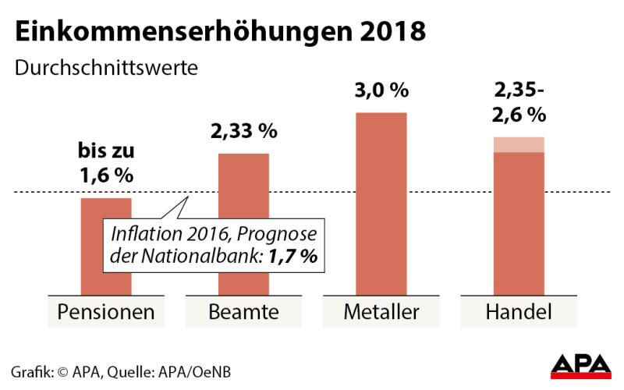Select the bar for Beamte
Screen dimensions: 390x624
(x=244, y=187)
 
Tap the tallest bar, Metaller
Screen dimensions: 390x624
(x=381, y=203)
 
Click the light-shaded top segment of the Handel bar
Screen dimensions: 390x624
(x=519, y=144)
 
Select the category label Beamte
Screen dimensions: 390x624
(x=244, y=313)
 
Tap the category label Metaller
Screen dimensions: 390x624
(x=381, y=313)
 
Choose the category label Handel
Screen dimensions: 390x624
(x=519, y=313)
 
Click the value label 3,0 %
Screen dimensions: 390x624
(x=381, y=90)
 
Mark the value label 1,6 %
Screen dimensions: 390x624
(x=107, y=176)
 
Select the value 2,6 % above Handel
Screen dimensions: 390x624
(x=519, y=116)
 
